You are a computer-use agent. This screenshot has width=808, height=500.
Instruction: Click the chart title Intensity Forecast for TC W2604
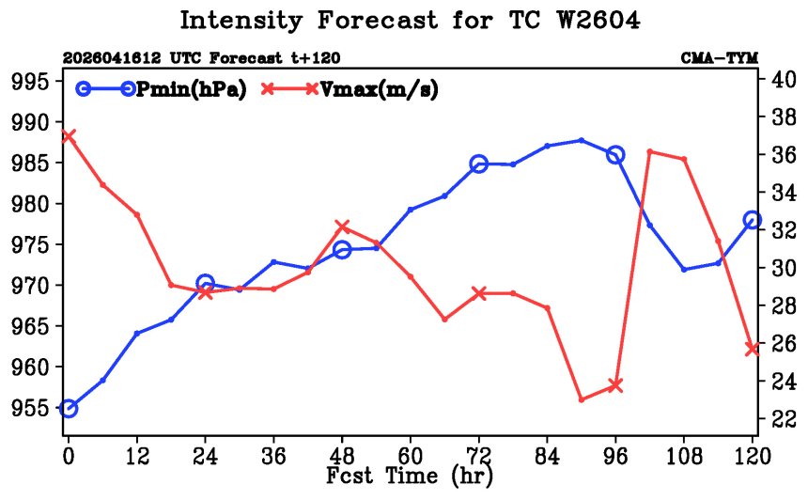410,21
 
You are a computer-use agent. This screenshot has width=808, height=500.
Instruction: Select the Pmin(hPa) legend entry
162,89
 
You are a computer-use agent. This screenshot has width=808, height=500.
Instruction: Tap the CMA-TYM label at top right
720,57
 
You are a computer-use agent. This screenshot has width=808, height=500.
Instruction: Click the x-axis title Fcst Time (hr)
410,475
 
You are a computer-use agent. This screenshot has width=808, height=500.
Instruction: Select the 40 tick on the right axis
784,79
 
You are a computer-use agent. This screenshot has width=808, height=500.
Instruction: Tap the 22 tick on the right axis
784,419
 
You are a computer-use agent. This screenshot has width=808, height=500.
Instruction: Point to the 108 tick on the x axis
684,456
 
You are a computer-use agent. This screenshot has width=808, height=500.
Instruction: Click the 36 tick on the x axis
273,456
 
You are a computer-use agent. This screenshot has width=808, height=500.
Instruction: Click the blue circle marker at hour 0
69,409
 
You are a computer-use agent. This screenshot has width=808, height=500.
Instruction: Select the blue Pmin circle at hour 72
479,164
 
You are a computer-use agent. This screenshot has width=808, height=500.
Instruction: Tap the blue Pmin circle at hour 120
753,220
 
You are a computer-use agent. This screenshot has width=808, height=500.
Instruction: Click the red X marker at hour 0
69,136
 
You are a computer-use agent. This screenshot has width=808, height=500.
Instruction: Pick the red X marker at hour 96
615,385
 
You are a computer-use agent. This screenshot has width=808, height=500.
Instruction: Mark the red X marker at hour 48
342,227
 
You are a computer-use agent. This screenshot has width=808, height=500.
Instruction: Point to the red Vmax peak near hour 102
650,151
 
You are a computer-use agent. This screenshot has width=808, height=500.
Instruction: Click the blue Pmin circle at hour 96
615,155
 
